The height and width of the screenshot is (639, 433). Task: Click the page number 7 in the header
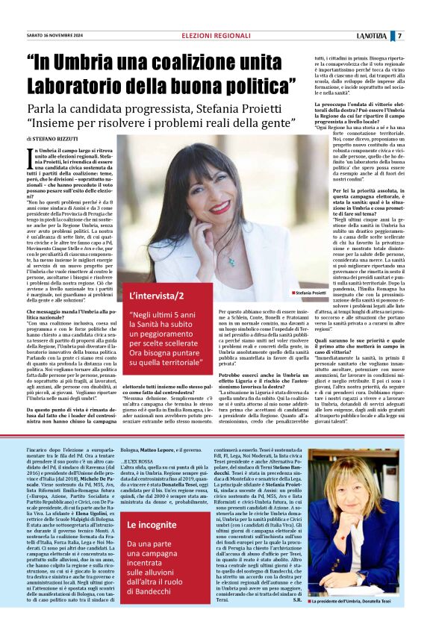[420, 36]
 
